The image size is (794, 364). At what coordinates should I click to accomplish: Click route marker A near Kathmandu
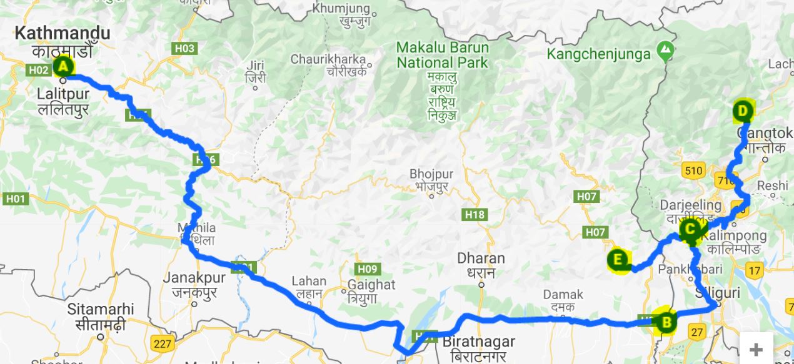tap(63, 66)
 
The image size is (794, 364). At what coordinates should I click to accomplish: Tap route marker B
tap(666, 322)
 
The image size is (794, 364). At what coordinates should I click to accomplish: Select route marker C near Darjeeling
tap(690, 229)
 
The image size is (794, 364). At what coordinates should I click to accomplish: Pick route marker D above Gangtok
tap(743, 112)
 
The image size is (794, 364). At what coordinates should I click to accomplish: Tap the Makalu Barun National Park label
tap(443, 55)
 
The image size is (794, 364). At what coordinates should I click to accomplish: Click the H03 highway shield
tap(184, 48)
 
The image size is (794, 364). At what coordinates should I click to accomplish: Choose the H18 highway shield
tap(475, 215)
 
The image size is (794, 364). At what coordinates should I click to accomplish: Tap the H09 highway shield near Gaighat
tap(368, 269)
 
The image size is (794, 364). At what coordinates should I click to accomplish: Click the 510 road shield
tap(694, 169)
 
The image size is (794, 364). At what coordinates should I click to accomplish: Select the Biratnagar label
tap(478, 342)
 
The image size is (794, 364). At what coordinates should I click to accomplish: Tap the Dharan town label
tap(481, 258)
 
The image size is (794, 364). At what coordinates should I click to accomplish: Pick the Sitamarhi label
tap(101, 309)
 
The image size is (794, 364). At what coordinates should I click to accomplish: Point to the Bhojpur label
tap(431, 174)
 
